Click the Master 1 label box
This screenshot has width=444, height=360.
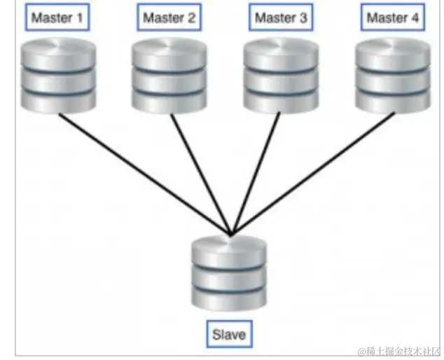pos(57,18)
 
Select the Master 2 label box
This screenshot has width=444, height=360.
pos(169,18)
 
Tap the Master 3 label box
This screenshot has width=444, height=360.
pos(281,18)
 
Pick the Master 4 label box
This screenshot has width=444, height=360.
pos(392,18)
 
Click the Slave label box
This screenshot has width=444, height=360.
pos(229,334)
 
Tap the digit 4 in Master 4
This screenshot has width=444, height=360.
pos(415,18)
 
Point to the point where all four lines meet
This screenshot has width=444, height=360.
pos(230,235)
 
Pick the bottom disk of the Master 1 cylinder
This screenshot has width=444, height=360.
pos(58,99)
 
